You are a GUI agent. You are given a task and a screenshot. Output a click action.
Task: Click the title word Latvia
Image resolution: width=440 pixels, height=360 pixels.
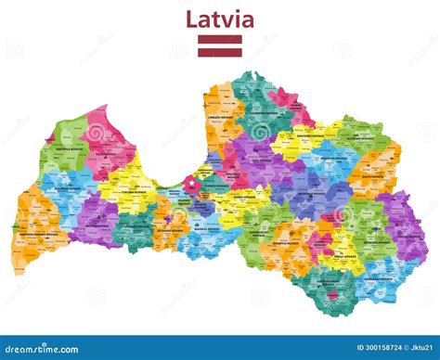[220, 19]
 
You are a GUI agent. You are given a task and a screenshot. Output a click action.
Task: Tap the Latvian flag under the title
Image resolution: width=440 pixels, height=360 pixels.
[220, 45]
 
